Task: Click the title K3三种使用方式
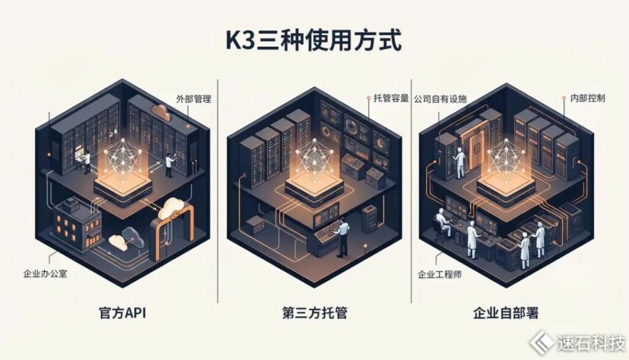point(313,41)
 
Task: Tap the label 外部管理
point(193,99)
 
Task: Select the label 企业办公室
point(45,274)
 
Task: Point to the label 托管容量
point(391,98)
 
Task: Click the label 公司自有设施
point(440,99)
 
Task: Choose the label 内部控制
point(588,98)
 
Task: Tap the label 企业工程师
point(440,275)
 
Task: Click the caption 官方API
point(122,313)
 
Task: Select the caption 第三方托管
point(314,313)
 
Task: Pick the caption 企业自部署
point(506,313)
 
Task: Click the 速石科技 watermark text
point(592,343)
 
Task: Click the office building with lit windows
point(77,224)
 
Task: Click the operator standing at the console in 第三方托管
point(343,237)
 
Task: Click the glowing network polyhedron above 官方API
point(122,157)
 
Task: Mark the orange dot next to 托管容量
point(369,97)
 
